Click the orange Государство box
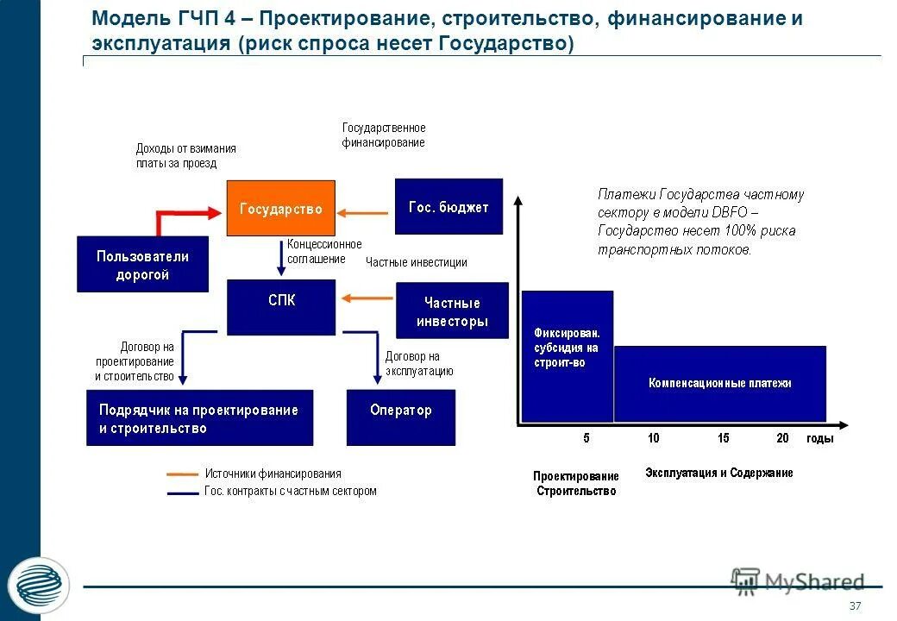click(x=280, y=208)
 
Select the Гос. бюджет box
click(x=448, y=206)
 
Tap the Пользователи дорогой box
click(x=142, y=264)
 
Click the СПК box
click(x=280, y=307)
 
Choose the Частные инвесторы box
click(x=452, y=310)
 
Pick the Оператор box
click(x=400, y=417)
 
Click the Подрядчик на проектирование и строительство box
click(x=199, y=417)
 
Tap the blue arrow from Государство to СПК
click(x=280, y=254)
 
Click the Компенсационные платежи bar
click(x=719, y=383)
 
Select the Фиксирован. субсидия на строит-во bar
click(x=567, y=355)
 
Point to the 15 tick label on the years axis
click(x=723, y=438)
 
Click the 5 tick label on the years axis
click(x=586, y=438)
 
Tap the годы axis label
click(x=819, y=438)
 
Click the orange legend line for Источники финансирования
click(x=182, y=474)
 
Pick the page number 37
click(x=856, y=605)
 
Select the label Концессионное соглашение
click(x=323, y=251)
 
